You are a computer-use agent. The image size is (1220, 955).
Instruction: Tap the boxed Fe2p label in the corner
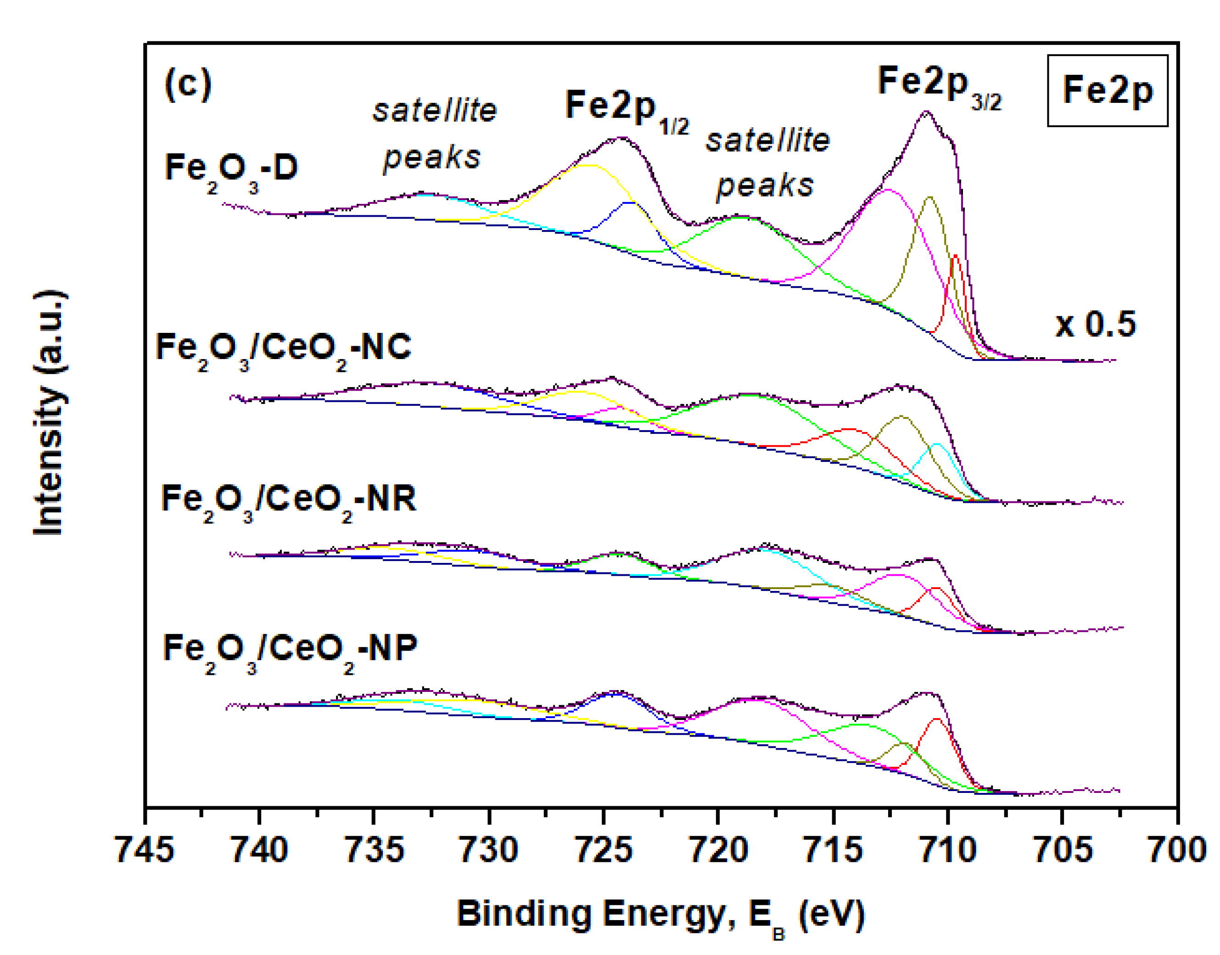1107,90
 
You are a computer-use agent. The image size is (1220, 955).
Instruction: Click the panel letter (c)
188,85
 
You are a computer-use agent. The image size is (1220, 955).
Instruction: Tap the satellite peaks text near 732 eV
434,134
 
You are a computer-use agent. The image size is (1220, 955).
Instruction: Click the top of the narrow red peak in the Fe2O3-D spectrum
955,256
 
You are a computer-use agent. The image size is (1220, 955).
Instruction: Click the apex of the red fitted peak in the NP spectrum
937,719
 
